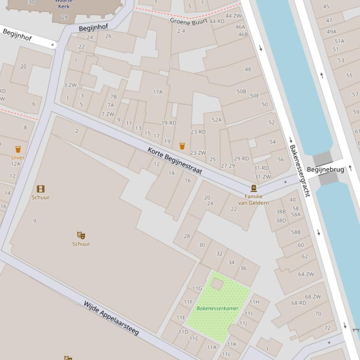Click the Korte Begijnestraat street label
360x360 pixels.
point(175,161)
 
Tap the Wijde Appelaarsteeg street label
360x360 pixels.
point(111,318)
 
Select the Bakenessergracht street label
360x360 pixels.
point(300,170)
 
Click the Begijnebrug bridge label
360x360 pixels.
point(325,169)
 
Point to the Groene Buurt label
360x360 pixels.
point(188,21)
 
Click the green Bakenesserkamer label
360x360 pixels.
point(218,308)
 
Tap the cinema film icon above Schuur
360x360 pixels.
point(41,189)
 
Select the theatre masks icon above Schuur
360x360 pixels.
point(81,235)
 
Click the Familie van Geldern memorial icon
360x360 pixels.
point(254,188)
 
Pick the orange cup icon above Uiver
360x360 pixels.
point(18,149)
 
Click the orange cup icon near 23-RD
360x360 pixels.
point(182,146)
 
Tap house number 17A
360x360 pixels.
point(158,92)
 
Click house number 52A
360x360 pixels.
point(217,120)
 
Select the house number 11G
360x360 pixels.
point(197,288)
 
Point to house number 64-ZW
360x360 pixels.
point(306,274)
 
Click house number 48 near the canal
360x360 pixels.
point(248,69)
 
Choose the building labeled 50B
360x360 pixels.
point(241,92)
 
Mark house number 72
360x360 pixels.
point(327,328)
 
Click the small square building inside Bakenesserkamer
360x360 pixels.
point(217,283)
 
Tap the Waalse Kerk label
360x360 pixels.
point(64,4)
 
